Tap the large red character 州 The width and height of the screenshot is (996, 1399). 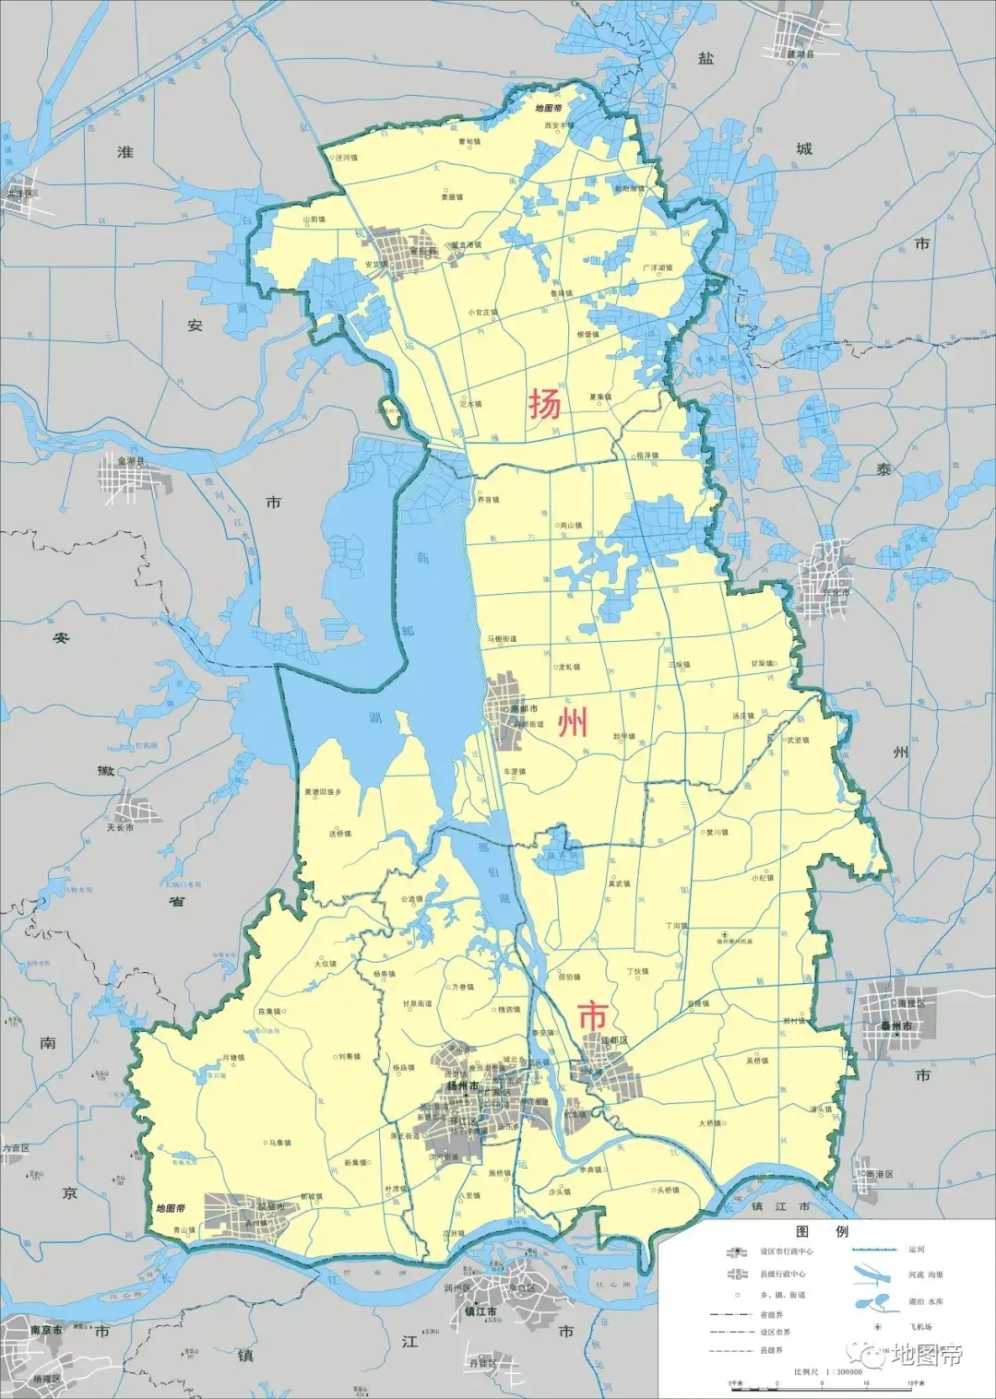click(573, 722)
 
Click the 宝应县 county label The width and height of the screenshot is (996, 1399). click(421, 251)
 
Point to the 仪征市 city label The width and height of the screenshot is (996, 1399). click(272, 1206)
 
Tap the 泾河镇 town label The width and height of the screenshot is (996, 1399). click(347, 158)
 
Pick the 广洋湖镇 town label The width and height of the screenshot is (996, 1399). click(658, 267)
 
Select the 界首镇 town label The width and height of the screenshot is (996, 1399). click(487, 500)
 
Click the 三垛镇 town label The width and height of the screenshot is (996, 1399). click(679, 664)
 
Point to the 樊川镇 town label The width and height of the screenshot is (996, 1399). click(717, 832)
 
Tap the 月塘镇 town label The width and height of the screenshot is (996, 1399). click(233, 1058)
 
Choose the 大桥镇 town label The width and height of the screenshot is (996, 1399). click(709, 1123)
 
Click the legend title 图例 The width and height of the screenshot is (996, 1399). click(822, 1232)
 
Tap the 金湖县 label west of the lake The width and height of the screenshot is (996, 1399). click(132, 459)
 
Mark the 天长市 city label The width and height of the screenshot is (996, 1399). click(120, 827)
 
